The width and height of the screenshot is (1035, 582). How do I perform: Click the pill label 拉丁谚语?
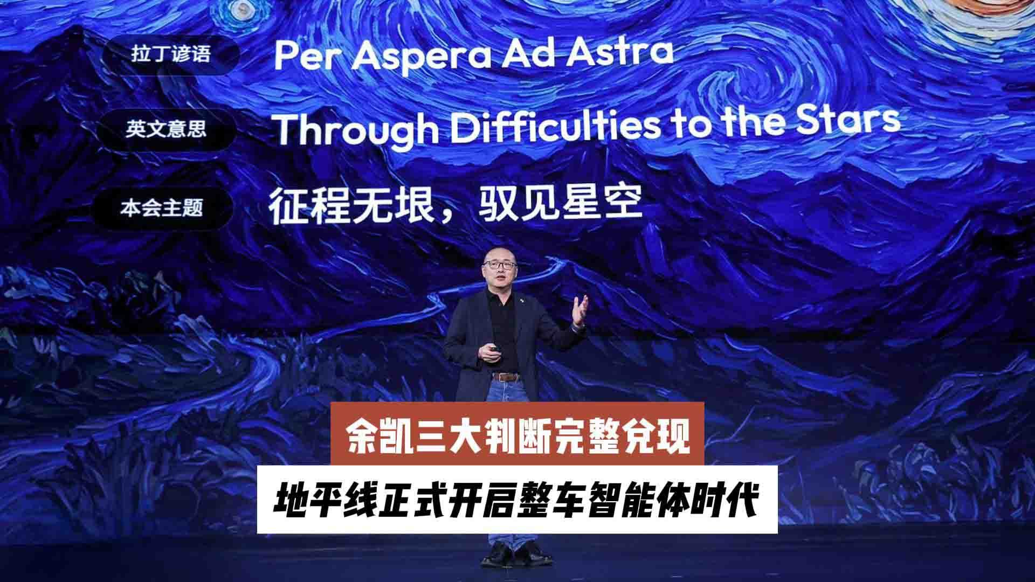171,54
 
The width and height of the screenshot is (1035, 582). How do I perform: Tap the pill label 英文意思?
166,129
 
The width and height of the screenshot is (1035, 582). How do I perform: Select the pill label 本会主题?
162,208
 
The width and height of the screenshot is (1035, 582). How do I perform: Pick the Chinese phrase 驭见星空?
561,204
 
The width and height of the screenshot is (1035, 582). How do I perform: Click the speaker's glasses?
497,264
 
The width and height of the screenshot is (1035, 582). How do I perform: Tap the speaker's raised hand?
580,310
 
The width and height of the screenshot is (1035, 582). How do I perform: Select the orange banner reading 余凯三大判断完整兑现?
517,434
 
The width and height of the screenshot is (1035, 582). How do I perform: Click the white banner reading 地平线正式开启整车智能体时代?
517,500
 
